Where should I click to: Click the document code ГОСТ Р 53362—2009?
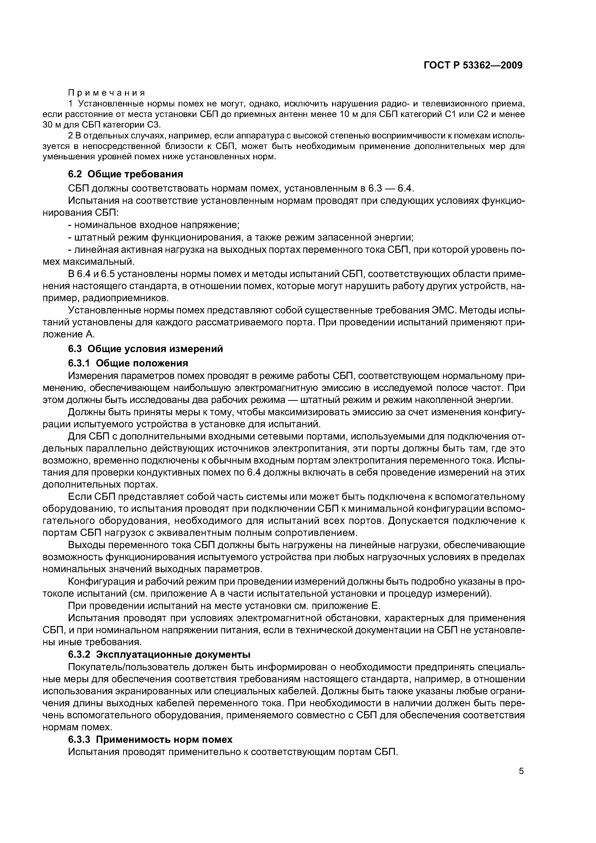tap(473, 65)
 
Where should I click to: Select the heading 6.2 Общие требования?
tap(126, 174)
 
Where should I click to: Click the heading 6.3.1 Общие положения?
tap(128, 363)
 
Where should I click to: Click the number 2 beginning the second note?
tap(71, 136)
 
